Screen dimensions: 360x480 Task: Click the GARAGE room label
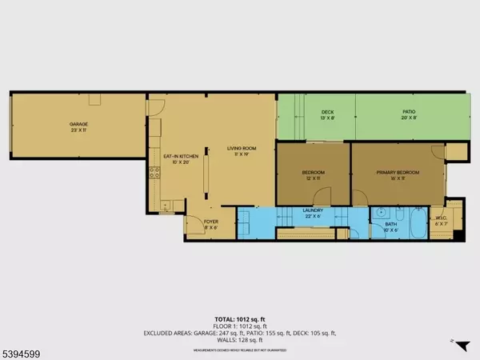(x=78, y=125)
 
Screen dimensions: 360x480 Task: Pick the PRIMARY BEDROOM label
(x=398, y=172)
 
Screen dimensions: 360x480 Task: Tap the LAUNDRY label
(x=311, y=211)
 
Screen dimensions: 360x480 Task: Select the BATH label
(x=391, y=226)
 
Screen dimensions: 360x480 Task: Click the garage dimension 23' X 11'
(x=78, y=131)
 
